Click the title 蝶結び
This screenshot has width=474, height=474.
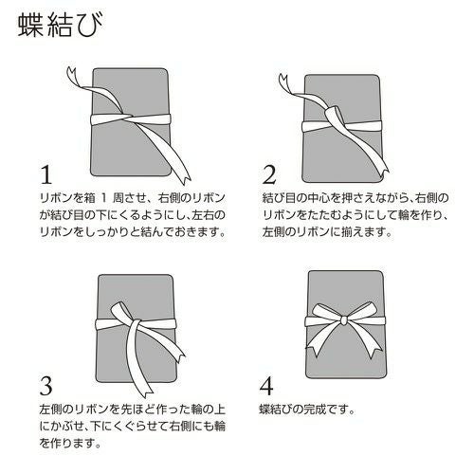[54, 27]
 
